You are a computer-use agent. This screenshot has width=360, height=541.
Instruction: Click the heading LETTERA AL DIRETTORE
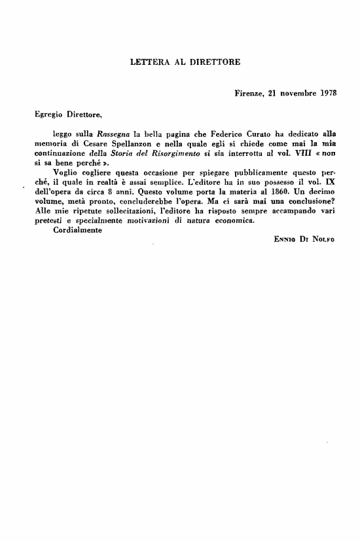(x=186, y=62)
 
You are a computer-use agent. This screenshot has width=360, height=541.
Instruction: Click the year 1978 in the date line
(x=325, y=93)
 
